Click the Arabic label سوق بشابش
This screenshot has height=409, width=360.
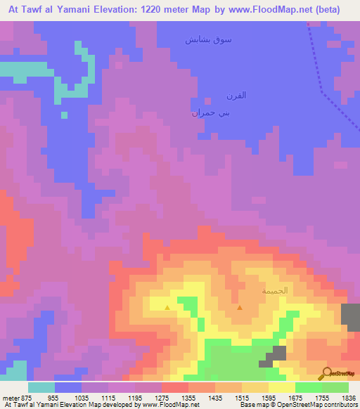point(208,40)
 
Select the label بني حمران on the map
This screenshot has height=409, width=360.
point(206,112)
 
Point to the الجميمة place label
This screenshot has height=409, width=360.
point(275,290)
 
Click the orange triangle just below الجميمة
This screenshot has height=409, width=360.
point(240,307)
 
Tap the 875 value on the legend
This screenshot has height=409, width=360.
point(25,397)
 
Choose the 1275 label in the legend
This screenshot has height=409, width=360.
point(176,397)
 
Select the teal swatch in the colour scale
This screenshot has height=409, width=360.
point(41,387)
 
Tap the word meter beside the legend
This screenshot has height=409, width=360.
point(10,397)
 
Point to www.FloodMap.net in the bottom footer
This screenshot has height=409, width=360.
point(169,405)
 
